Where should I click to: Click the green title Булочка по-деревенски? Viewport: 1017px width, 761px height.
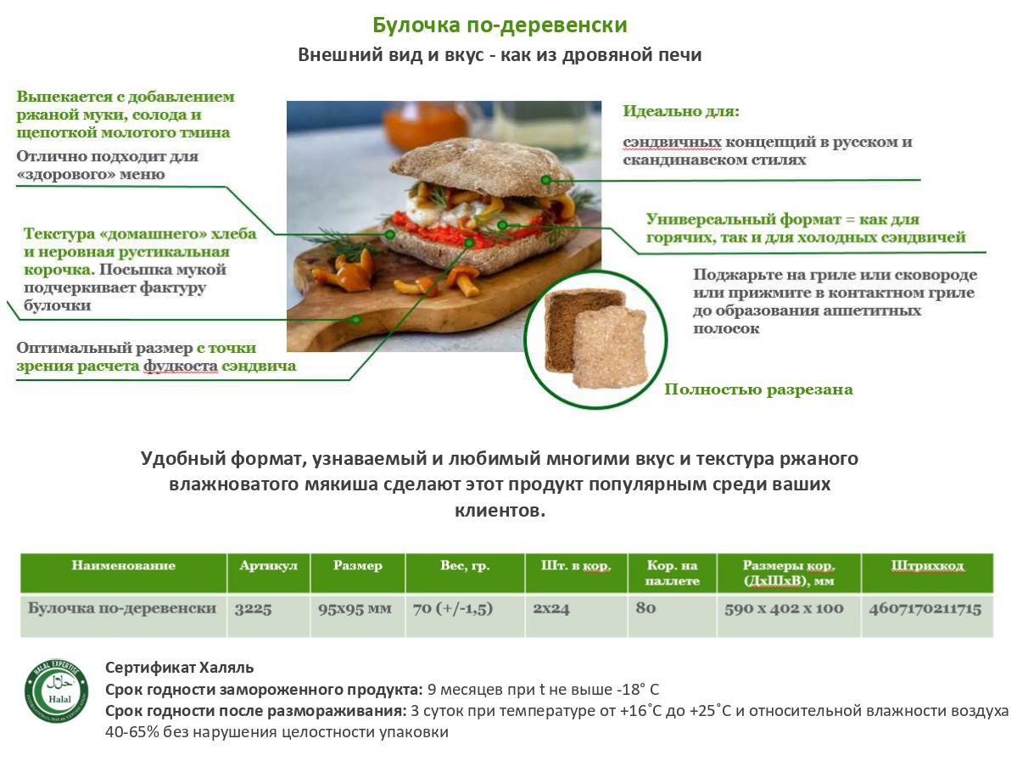pyautogui.click(x=500, y=25)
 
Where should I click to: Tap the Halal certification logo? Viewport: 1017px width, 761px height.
pyautogui.click(x=57, y=691)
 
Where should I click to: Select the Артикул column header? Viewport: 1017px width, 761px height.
pyautogui.click(x=269, y=566)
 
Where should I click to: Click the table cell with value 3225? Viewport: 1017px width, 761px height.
pyautogui.click(x=253, y=608)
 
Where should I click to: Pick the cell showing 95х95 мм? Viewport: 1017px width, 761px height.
pyautogui.click(x=355, y=608)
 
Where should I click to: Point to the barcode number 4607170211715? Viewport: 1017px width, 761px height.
pyautogui.click(x=925, y=608)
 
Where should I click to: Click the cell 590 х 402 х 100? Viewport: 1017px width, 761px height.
pyautogui.click(x=784, y=608)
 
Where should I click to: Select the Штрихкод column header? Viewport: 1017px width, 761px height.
pyautogui.click(x=927, y=566)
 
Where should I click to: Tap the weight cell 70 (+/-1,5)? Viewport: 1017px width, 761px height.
pyautogui.click(x=453, y=608)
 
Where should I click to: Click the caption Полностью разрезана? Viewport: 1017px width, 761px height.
pyautogui.click(x=758, y=389)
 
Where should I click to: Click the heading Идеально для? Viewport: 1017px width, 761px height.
pyautogui.click(x=681, y=111)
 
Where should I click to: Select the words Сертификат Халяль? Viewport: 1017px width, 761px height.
pyautogui.click(x=179, y=667)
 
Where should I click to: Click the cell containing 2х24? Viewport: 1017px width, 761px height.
pyautogui.click(x=551, y=608)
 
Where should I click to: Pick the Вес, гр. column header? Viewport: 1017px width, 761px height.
pyautogui.click(x=465, y=566)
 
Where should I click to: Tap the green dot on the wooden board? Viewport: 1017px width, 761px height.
pyautogui.click(x=356, y=319)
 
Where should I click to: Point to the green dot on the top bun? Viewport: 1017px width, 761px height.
pyautogui.click(x=546, y=180)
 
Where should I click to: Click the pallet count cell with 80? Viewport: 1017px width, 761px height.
pyautogui.click(x=646, y=608)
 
